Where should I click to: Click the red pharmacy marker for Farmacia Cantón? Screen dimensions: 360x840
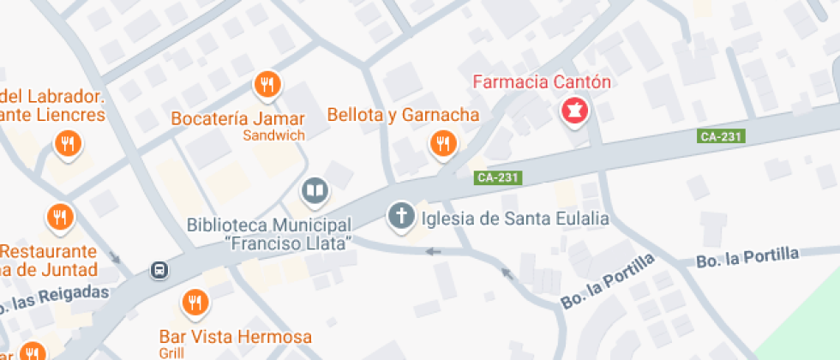click(x=573, y=111)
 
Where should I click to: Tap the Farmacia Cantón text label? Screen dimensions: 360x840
click(x=542, y=83)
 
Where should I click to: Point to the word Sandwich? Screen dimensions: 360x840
click(x=273, y=135)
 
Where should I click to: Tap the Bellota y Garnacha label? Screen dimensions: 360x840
click(x=403, y=114)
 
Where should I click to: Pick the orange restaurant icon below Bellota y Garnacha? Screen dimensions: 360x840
click(x=442, y=144)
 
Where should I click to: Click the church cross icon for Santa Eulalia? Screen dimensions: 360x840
click(x=400, y=216)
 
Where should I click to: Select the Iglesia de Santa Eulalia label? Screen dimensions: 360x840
click(x=515, y=219)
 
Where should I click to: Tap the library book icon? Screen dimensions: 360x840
click(x=315, y=191)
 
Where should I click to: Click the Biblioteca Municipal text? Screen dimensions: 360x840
click(x=269, y=225)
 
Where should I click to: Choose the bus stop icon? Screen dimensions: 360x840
click(x=159, y=271)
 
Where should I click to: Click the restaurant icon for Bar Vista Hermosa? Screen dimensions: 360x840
click(x=195, y=303)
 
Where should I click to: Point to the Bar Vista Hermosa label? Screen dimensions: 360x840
click(x=236, y=337)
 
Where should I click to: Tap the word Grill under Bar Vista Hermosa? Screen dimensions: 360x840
click(x=171, y=353)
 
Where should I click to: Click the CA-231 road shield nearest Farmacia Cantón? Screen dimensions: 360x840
click(x=720, y=136)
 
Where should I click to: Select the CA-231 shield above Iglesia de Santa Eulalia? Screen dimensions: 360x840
click(x=498, y=177)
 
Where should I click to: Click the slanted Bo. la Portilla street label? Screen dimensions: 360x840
click(x=608, y=281)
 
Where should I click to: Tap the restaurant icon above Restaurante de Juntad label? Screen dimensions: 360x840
click(x=58, y=218)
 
